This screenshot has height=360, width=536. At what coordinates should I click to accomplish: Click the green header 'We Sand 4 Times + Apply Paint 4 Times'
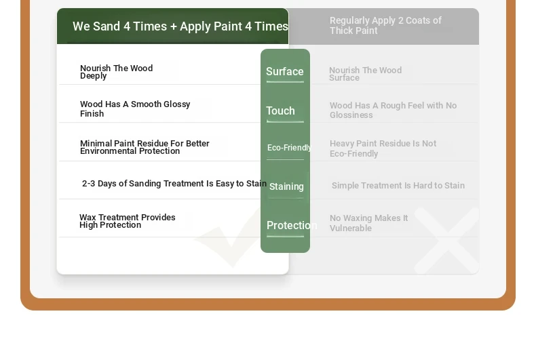[180, 26]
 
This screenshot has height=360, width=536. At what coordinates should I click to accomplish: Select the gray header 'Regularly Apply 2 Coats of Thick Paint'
[385, 26]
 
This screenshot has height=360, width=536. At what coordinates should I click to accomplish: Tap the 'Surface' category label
[285, 71]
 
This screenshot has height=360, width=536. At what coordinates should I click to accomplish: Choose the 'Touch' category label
[280, 111]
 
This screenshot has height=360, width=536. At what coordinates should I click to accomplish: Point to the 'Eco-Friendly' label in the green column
[290, 148]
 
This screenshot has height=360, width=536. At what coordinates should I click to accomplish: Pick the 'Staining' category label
[286, 186]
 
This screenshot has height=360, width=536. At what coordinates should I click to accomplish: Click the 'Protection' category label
[292, 226]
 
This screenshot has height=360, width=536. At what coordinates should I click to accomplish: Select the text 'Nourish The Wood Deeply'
[116, 72]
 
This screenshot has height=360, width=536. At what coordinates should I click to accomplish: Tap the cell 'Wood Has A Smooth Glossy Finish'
[135, 108]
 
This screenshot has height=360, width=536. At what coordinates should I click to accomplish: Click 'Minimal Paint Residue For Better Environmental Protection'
[145, 147]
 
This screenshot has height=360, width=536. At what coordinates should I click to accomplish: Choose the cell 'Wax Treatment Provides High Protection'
[127, 221]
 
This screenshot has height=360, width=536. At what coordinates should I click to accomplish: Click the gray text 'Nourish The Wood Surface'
[366, 74]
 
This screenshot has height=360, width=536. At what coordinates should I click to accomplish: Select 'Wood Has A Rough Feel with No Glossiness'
[393, 110]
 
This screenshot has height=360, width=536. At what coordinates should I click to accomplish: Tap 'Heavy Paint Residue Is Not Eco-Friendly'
[383, 148]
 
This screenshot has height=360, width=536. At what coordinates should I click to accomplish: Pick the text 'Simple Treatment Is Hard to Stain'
[398, 186]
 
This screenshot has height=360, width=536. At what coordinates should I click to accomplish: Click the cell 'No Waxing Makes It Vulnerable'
[368, 222]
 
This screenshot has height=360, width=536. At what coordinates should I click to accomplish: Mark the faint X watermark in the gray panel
[446, 241]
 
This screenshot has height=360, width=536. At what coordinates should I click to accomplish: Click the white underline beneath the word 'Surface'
[285, 82]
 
